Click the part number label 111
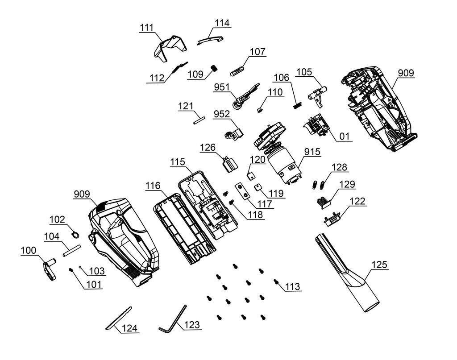[x=146, y=27]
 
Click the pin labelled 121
[x=199, y=119]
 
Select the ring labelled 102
[x=76, y=233]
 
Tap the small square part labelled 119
[x=258, y=188]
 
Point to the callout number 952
[x=222, y=114]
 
